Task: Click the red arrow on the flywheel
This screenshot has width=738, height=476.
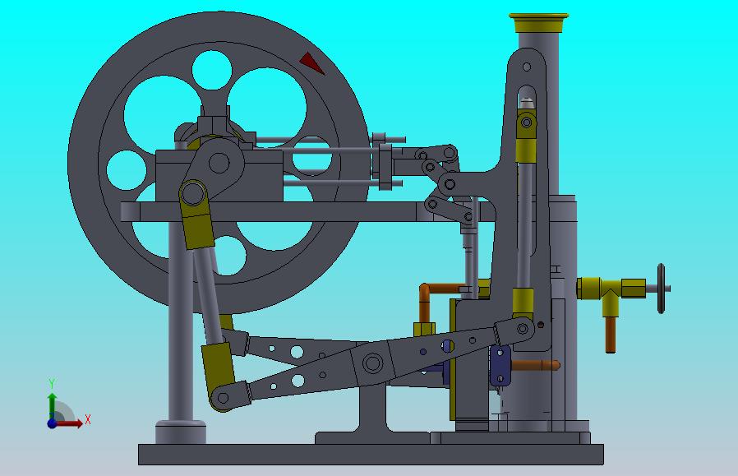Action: coord(311,62)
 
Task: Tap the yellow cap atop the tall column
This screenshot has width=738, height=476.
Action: coord(538,22)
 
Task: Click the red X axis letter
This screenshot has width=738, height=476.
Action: coord(88,419)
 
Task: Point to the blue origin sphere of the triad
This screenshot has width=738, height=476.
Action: coord(52,423)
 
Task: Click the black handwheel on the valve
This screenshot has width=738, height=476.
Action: coord(661,288)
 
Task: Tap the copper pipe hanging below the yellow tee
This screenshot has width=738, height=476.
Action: coord(611,335)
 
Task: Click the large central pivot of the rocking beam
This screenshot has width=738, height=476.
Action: coord(372,363)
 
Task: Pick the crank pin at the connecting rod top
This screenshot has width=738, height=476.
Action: coord(192,193)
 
